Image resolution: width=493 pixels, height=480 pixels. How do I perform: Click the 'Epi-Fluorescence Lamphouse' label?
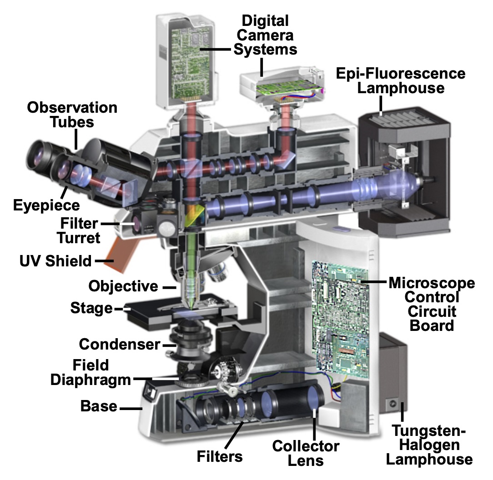point(400,80)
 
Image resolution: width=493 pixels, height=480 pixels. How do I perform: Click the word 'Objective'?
point(123,286)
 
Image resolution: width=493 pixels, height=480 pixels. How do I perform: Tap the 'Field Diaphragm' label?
point(90,372)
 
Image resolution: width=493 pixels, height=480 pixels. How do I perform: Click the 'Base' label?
point(99,406)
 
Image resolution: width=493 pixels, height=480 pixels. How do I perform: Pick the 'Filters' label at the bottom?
point(219,456)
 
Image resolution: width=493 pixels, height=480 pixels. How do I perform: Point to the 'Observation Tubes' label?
point(72,115)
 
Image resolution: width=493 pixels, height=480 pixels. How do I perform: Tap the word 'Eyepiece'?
point(46,205)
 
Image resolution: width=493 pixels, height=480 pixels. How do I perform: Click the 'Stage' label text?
point(91,308)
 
